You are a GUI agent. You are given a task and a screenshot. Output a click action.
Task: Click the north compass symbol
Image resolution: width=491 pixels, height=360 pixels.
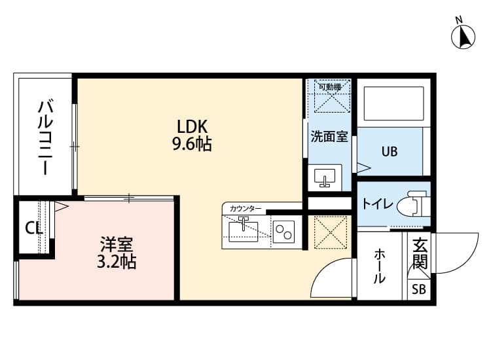click(464, 35)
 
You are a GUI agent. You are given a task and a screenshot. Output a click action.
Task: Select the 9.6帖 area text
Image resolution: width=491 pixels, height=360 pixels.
click(192, 143)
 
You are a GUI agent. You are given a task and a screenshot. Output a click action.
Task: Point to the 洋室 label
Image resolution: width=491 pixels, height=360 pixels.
click(117, 247)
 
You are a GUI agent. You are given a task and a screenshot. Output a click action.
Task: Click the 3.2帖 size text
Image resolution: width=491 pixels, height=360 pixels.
click(117, 264)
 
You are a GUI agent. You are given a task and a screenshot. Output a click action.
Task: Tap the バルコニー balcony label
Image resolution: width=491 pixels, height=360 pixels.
click(45, 136)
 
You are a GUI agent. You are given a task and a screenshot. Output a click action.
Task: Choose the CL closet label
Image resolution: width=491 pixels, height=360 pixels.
click(33, 228)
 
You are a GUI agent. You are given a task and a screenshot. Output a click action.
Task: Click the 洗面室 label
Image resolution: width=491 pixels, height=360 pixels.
click(329, 137)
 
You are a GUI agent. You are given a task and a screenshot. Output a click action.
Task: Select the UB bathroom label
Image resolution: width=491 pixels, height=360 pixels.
click(390, 152)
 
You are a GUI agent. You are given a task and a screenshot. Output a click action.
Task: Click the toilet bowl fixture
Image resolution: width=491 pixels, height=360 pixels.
click(414, 204)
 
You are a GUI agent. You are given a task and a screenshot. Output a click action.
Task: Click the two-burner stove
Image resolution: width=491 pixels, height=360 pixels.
click(284, 230)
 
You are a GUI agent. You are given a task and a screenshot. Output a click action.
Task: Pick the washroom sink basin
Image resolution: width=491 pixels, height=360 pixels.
click(324, 177)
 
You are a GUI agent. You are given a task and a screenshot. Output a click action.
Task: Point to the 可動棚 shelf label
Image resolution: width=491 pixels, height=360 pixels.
click(329, 86)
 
